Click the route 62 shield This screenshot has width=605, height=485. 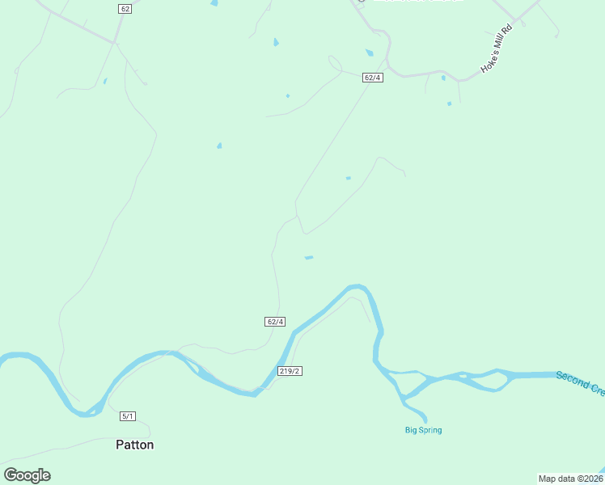124,8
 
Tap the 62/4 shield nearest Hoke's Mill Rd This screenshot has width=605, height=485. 373,78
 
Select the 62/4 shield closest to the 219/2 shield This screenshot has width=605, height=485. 275,322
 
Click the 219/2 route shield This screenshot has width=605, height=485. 290,371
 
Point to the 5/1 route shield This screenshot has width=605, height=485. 128,416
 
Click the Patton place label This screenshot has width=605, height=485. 134,445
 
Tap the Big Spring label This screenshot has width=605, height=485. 423,430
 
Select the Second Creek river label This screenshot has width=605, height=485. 580,383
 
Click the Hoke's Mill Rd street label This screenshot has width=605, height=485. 497,50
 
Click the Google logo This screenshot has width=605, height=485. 27,475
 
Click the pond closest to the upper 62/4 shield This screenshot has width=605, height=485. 369,53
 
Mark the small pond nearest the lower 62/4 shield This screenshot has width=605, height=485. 308,258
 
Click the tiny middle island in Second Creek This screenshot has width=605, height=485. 463,375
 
